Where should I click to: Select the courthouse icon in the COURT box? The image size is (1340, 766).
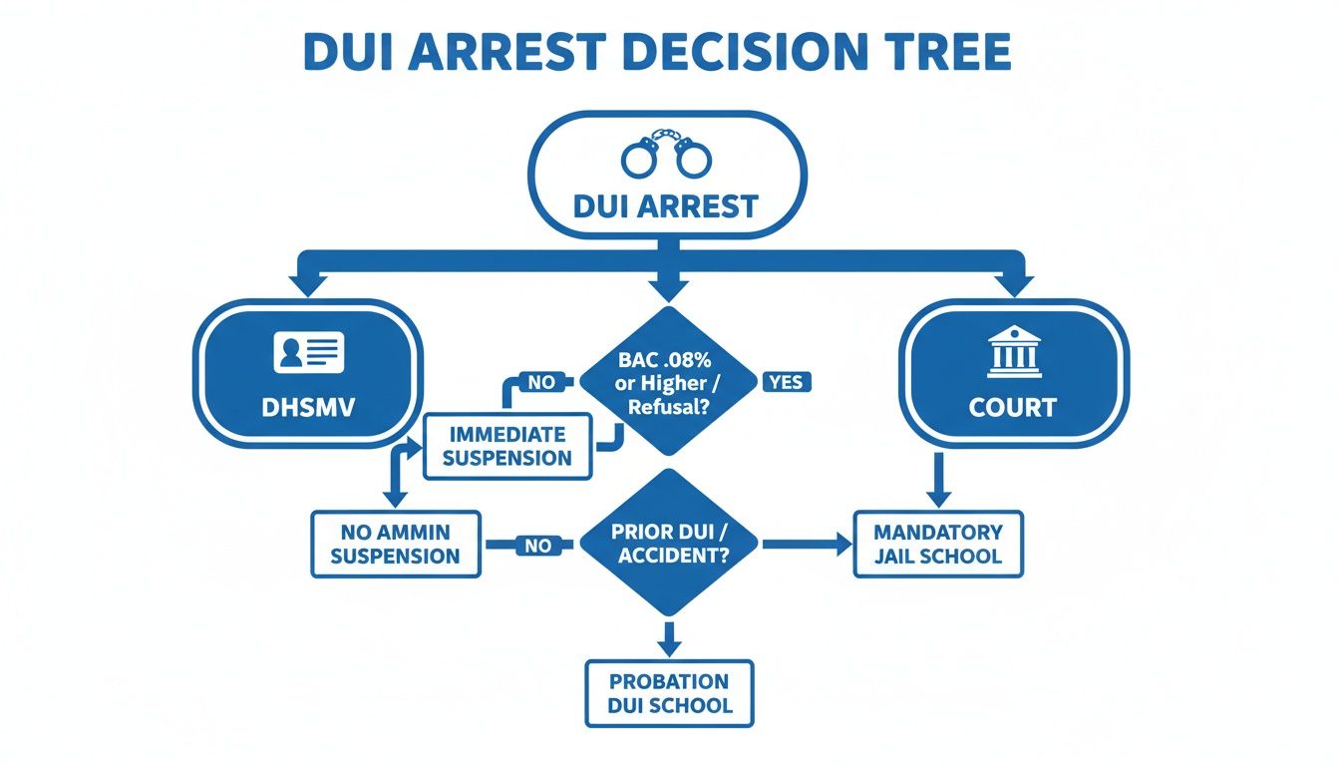tap(1014, 353)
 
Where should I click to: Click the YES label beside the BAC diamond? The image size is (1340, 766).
tap(787, 381)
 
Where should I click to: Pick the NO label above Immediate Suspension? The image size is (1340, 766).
tap(540, 381)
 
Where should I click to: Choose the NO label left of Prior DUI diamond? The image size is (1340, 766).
tap(536, 546)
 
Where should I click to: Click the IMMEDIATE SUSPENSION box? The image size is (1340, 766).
tap(507, 446)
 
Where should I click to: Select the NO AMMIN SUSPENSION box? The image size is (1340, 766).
tap(396, 544)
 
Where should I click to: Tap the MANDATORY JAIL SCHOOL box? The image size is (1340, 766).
tap(938, 544)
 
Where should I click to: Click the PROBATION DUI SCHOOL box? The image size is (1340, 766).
tap(669, 693)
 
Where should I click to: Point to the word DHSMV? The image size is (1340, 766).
tap(308, 409)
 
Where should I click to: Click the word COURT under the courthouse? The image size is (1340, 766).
tap(1014, 409)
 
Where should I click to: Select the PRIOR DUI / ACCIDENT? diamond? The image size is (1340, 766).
tap(669, 544)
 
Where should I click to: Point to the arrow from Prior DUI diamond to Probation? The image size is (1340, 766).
tap(669, 638)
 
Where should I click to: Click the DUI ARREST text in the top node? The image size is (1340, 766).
tap(667, 206)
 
